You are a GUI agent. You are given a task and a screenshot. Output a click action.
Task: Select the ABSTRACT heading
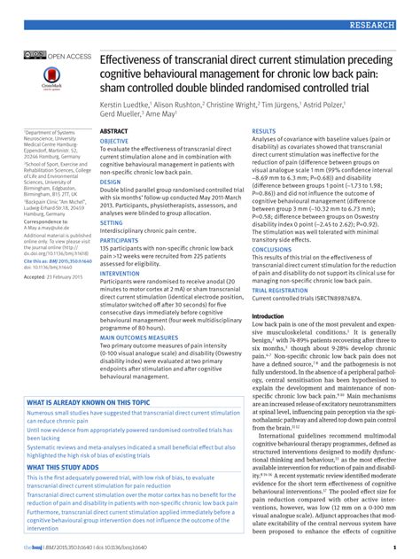point(114,131)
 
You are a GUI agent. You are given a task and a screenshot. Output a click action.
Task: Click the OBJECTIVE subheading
point(113,141)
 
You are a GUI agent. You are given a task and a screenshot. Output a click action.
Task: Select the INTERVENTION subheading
point(120,273)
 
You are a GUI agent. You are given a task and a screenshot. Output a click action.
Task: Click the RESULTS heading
point(267,131)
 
